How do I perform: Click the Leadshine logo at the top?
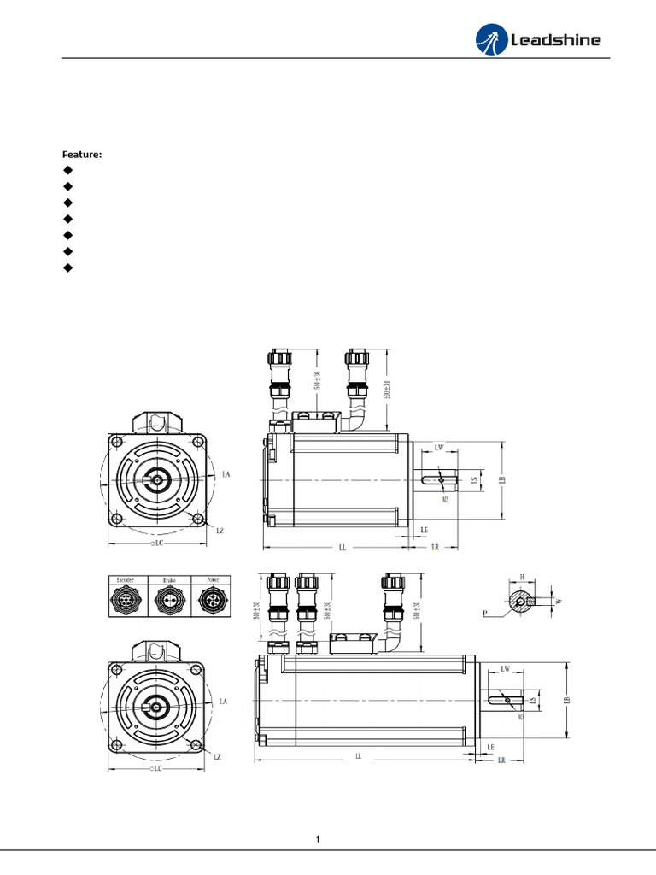(538, 39)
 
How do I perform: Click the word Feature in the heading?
(81, 155)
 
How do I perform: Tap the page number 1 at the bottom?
(318, 839)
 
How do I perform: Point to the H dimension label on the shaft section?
(522, 578)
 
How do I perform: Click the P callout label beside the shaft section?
(485, 614)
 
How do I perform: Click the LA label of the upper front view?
(225, 473)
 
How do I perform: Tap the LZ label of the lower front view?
(218, 757)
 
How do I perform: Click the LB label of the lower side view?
(565, 698)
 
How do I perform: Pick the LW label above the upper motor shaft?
(439, 448)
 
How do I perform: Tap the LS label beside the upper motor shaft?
(474, 480)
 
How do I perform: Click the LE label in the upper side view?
(424, 531)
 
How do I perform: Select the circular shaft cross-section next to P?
(518, 602)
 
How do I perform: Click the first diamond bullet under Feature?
(67, 170)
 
